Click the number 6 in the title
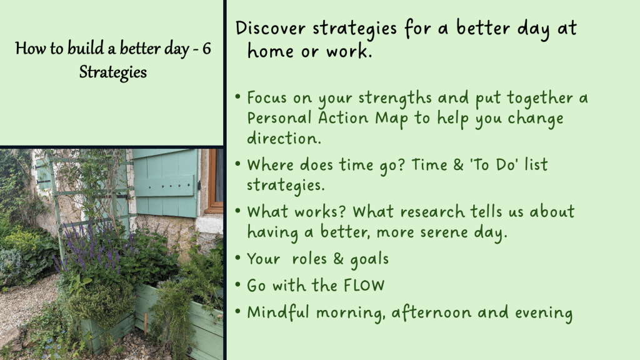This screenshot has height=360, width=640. click(x=206, y=49)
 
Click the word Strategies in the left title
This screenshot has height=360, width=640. click(x=113, y=72)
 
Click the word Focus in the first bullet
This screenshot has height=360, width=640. click(x=267, y=98)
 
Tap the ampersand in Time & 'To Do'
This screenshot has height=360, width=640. click(x=458, y=165)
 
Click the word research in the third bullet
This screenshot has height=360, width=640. click(x=432, y=211)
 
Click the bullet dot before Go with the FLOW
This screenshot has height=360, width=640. click(x=238, y=284)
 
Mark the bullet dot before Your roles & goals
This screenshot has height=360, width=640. click(x=238, y=258)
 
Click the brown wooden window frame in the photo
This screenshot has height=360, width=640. click(x=212, y=182)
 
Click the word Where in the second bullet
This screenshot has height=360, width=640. click(x=270, y=164)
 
